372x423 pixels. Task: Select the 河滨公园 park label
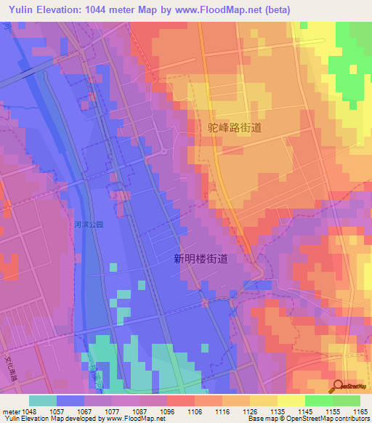pyautogui.click(x=89, y=225)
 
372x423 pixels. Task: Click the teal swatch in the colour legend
pyautogui.click(x=43, y=400)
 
